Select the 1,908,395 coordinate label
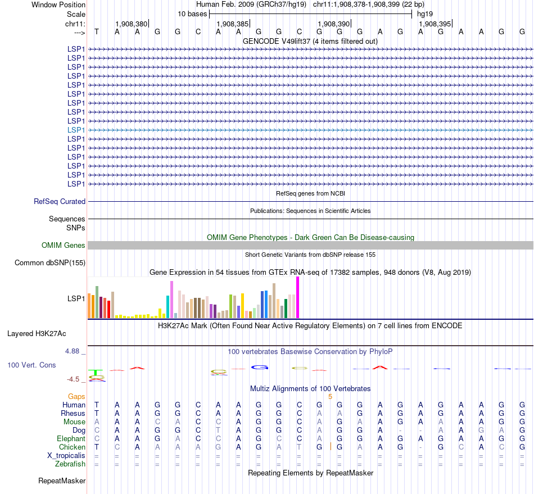tap(435, 24)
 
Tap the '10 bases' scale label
tap(192, 13)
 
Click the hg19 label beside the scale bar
tap(424, 13)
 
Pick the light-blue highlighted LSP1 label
tap(76, 130)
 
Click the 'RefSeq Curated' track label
tap(60, 201)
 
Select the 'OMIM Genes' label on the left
tap(64, 245)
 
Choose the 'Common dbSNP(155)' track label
tap(50, 262)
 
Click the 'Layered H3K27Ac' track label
tap(37, 333)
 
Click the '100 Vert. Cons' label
tap(31, 365)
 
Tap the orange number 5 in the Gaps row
tap(331, 396)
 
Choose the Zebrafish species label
tap(70, 464)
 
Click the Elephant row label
tap(71, 438)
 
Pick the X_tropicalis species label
tap(66, 455)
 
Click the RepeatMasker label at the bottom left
tap(62, 481)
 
